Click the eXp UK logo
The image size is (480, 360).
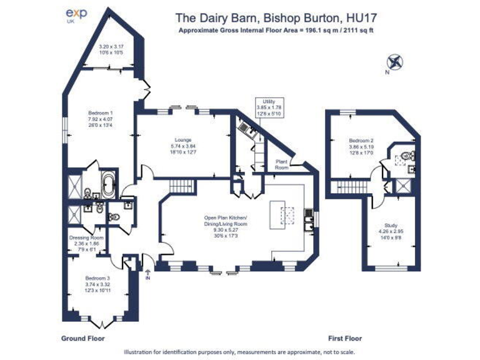(77, 15)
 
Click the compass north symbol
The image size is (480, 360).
(394, 62)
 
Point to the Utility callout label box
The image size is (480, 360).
(268, 107)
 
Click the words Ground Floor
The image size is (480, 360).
(82, 338)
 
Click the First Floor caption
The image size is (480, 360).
(345, 338)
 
